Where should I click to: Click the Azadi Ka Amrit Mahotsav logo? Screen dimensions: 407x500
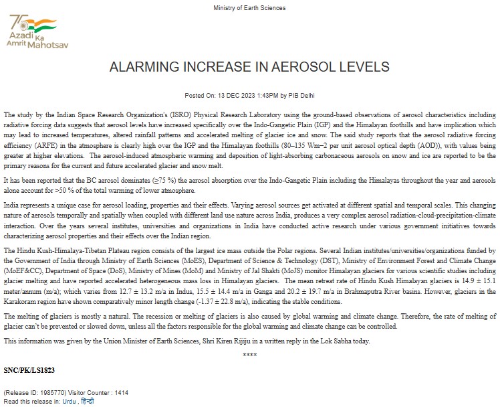37,30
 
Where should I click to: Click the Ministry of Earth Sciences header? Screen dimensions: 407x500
249,8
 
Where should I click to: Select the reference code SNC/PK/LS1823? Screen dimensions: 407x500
29,369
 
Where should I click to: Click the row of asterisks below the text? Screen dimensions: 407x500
249,354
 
